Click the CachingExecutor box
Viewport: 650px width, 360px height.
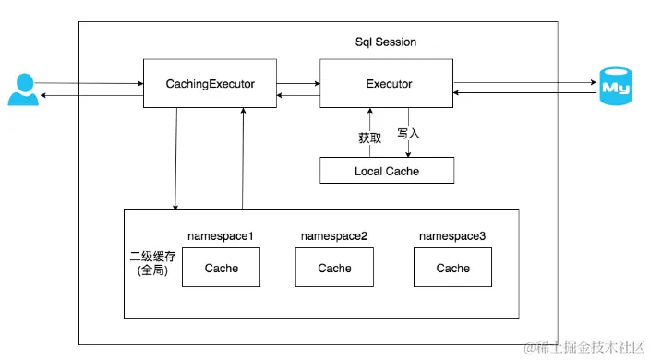point(211,84)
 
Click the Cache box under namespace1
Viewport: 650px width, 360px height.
point(221,269)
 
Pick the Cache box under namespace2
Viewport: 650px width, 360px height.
point(334,269)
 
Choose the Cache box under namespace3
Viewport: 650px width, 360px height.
point(452,269)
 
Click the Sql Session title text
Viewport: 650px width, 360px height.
point(386,42)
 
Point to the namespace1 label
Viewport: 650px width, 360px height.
point(221,237)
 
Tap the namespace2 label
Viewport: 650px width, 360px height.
point(334,237)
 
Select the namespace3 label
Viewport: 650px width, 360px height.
point(452,237)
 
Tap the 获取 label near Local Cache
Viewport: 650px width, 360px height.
point(344,138)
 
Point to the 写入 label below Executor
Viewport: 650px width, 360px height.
point(408,133)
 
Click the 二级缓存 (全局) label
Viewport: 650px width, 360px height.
point(150,264)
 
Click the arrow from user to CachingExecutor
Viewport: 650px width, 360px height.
point(92,83)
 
